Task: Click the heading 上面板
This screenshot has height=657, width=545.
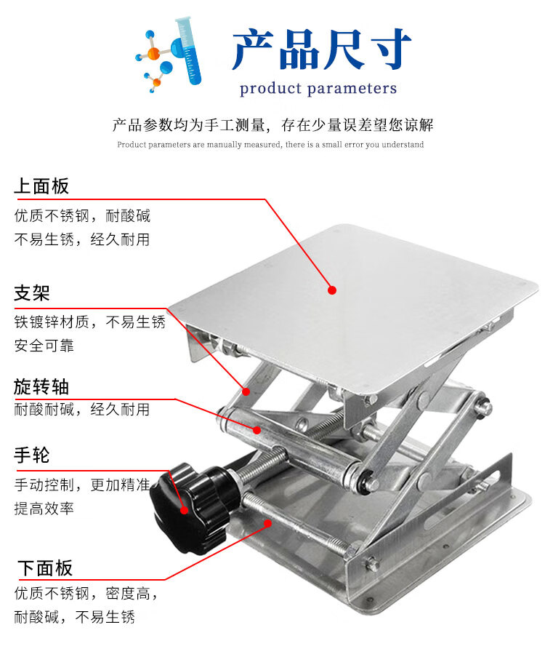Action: point(41,186)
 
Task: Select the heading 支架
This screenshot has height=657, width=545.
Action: point(32,293)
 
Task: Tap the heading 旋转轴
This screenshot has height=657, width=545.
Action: point(41,386)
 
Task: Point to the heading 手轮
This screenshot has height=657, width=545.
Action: point(32,455)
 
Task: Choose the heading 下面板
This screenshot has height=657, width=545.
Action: point(45,568)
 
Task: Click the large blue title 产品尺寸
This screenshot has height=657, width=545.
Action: point(321,49)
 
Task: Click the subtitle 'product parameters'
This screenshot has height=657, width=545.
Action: point(318,89)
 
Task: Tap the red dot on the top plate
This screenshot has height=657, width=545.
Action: point(332,290)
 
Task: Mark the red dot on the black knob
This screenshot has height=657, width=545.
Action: point(184,510)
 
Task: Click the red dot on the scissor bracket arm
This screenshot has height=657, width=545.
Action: point(246,391)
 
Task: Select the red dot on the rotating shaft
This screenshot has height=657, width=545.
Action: point(257,430)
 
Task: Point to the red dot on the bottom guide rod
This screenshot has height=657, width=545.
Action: point(267,523)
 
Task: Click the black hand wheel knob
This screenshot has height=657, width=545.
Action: point(193,506)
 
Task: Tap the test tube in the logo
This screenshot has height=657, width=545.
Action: point(189,49)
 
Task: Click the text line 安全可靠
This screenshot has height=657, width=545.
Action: point(44,346)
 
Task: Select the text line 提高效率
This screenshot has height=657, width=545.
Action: point(44,509)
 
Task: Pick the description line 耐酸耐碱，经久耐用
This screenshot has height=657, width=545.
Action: point(81,409)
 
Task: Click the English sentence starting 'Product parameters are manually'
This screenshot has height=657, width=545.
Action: point(270,145)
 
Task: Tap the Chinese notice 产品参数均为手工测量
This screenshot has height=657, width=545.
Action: point(189,125)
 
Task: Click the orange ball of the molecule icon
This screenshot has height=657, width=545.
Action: point(153,53)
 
